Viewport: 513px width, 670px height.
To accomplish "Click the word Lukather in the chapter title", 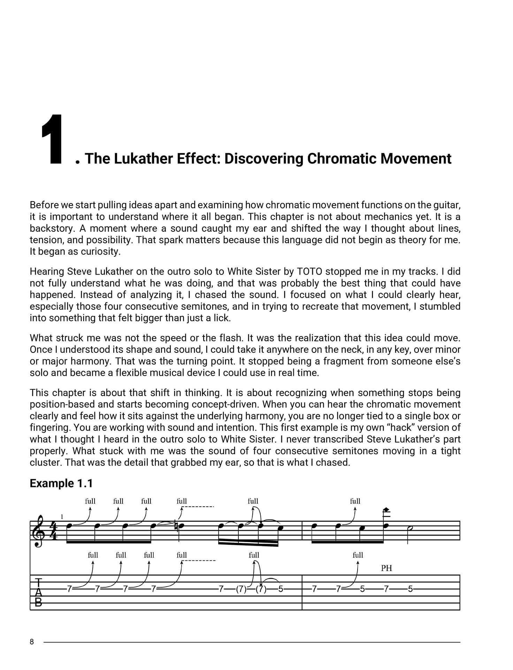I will (x=144, y=158).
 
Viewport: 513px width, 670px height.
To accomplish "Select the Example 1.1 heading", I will (x=61, y=483).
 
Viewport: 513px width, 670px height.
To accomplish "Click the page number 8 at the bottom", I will (x=32, y=642).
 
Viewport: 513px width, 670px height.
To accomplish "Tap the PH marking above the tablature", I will (x=386, y=568).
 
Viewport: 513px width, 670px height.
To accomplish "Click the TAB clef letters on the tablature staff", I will (x=38, y=592).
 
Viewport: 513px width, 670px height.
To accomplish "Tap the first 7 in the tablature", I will (x=69, y=589).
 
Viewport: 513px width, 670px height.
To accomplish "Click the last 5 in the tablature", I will (x=410, y=589).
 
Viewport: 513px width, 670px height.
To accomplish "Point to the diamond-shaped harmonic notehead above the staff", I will (x=386, y=510).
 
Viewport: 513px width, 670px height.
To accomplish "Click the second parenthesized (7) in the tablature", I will (x=261, y=589).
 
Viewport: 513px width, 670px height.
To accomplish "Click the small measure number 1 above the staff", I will (x=62, y=516).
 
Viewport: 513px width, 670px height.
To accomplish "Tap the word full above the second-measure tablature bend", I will (x=358, y=555).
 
